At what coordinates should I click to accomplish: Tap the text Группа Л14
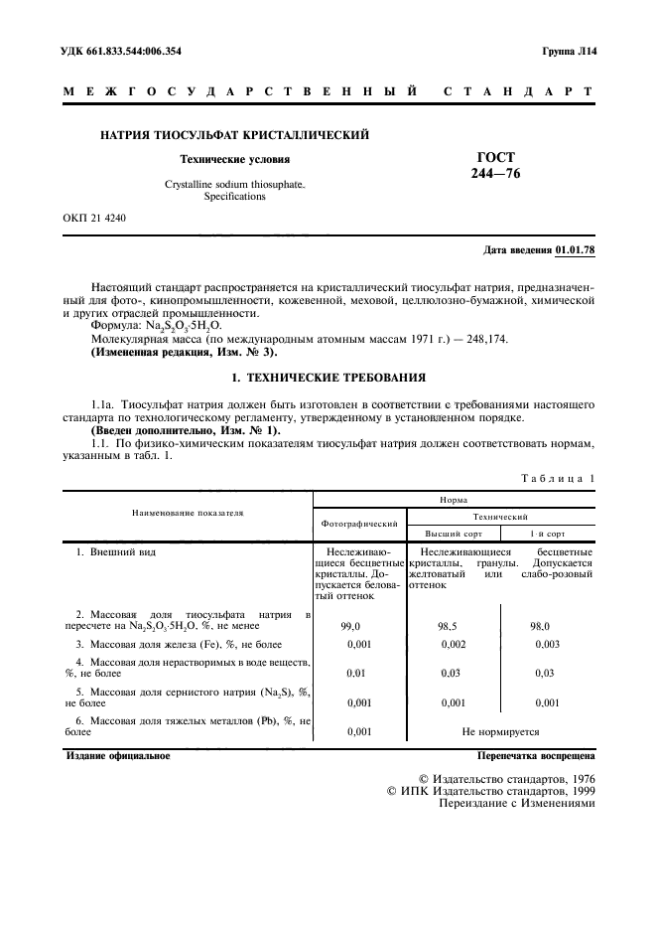568,51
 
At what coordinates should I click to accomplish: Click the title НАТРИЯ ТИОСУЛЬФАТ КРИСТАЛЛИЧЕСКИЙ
235,134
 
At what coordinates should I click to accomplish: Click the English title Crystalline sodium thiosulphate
235,185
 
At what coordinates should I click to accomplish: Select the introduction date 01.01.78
575,250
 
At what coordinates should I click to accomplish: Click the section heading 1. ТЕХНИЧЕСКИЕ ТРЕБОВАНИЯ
328,378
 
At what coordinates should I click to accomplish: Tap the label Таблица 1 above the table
557,478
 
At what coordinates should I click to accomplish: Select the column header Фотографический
359,523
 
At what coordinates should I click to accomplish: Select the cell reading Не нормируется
500,731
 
